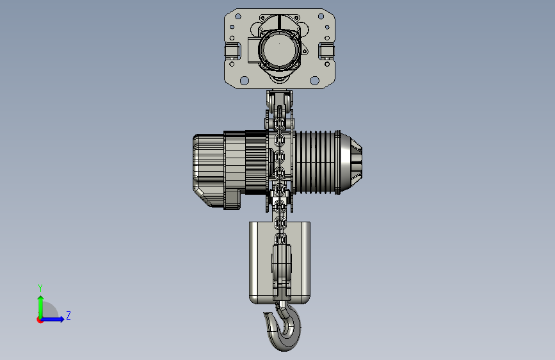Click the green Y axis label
pyautogui.click(x=40, y=288)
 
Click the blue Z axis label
pyautogui.click(x=68, y=315)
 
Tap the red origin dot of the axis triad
pyautogui.click(x=40, y=320)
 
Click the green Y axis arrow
pyautogui.click(x=41, y=307)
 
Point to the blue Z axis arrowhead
pyautogui.click(x=62, y=319)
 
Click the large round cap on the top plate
pyautogui.click(x=279, y=49)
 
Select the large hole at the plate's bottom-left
pyautogui.click(x=245, y=81)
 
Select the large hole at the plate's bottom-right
pyautogui.click(x=314, y=81)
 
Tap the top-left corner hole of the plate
pyautogui.click(x=238, y=16)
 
